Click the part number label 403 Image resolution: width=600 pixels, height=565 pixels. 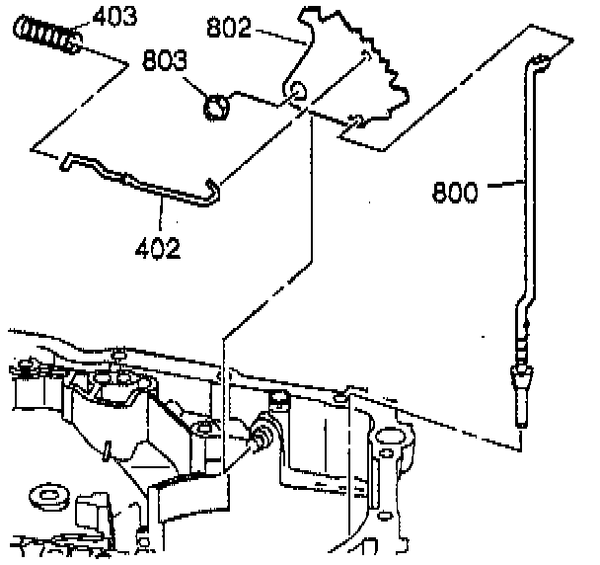pos(115,18)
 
